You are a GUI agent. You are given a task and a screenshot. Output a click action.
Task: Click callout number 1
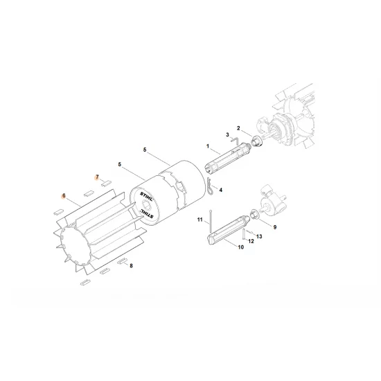click(206, 145)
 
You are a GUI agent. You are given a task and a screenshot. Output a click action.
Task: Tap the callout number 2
click(238, 127)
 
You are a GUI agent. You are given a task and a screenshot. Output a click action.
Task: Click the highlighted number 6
click(63, 196)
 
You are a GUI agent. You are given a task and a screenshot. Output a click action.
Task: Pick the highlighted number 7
click(98, 177)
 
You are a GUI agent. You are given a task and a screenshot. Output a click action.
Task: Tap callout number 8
click(131, 265)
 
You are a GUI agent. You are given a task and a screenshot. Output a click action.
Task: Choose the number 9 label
click(274, 227)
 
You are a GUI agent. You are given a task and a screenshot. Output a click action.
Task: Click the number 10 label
click(241, 247)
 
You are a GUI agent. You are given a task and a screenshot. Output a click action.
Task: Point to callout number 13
click(260, 236)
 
